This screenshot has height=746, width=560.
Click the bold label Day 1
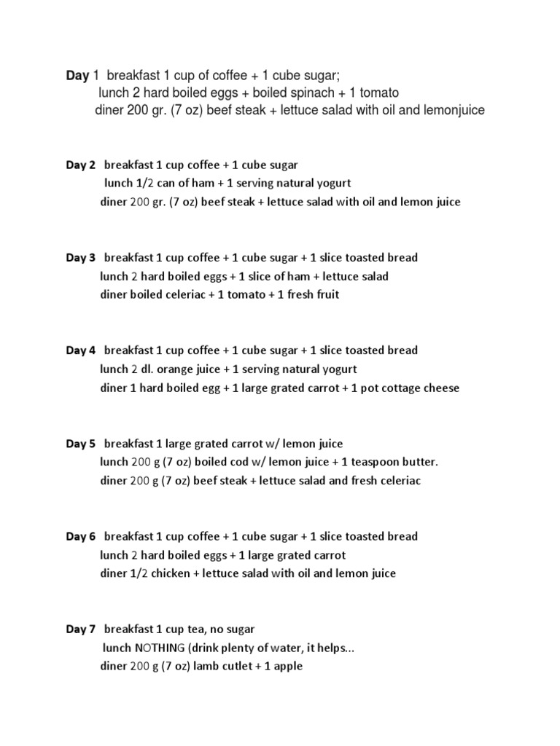tap(77, 75)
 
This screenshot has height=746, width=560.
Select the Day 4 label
tap(81, 350)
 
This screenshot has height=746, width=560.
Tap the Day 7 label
tap(81, 629)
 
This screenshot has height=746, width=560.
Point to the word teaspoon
tap(370, 463)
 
